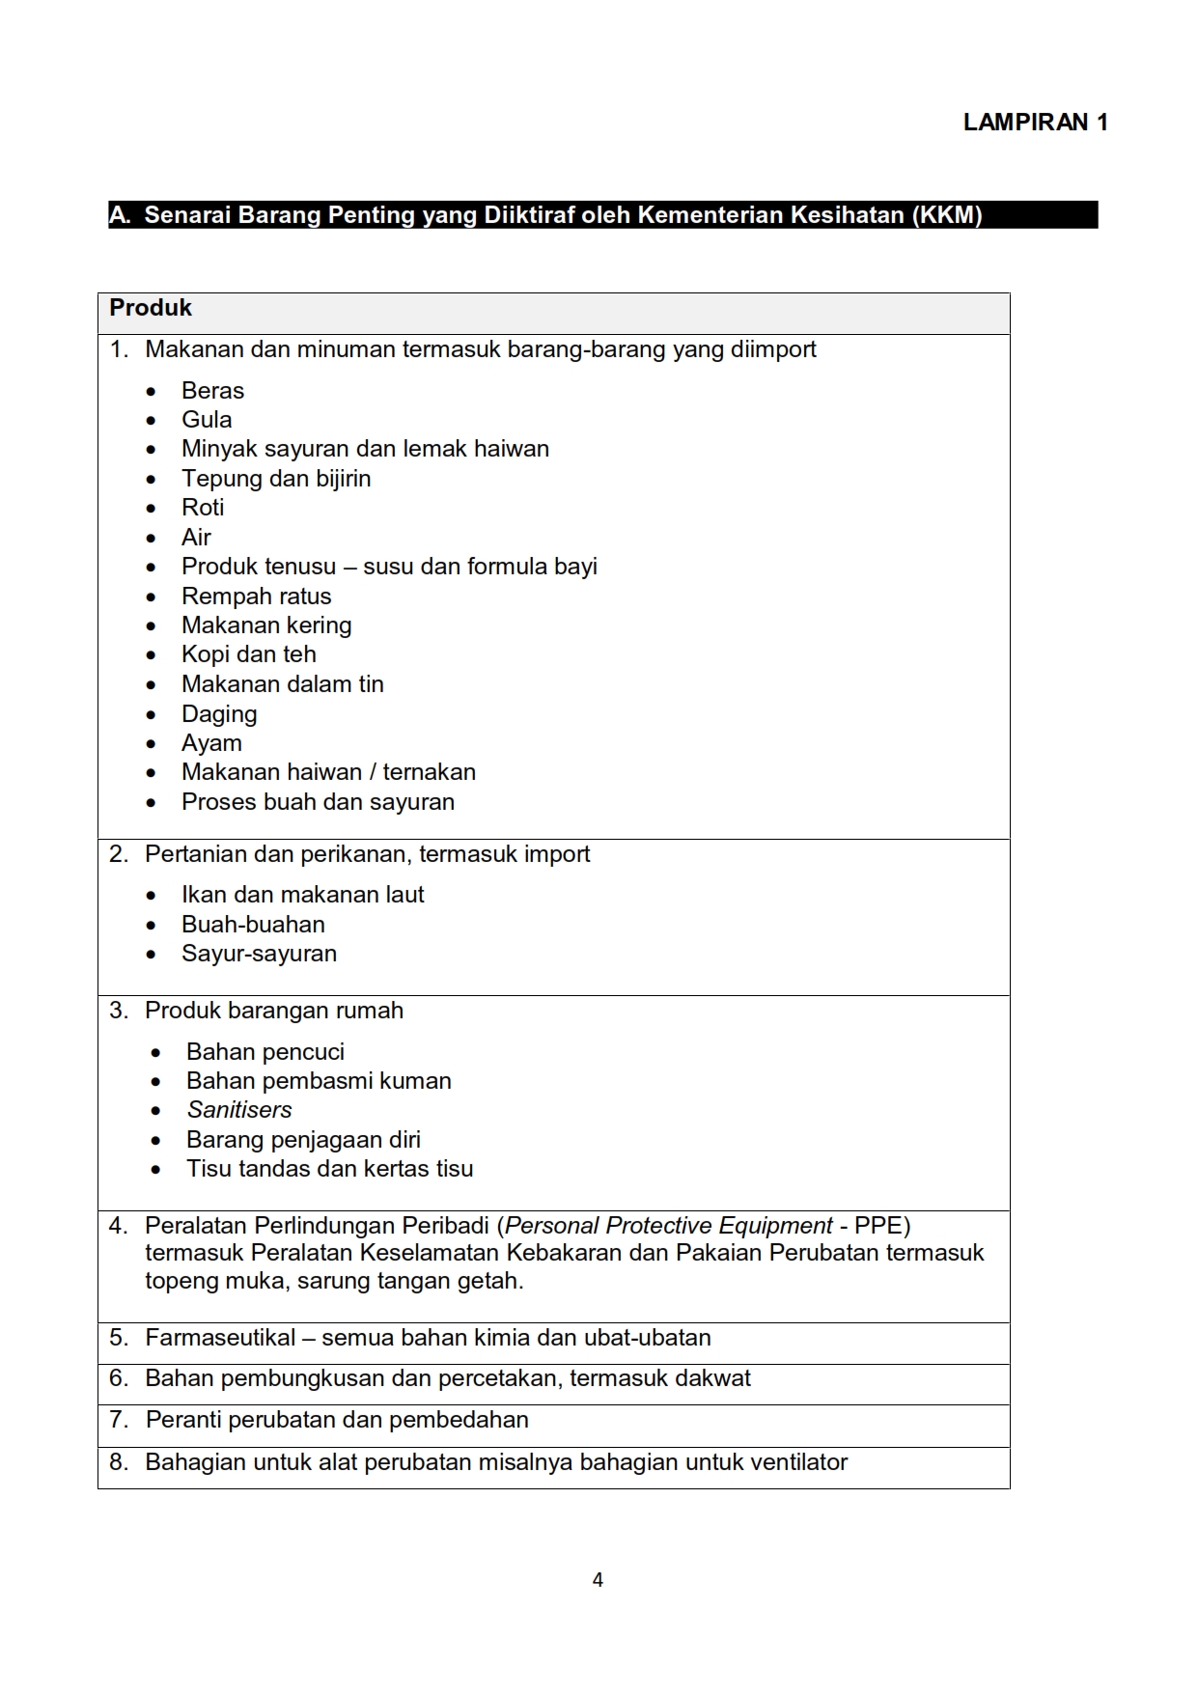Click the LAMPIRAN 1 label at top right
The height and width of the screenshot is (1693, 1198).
(x=1035, y=123)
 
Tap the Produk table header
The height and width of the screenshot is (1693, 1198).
(x=151, y=308)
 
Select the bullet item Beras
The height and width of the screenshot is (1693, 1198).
(x=212, y=391)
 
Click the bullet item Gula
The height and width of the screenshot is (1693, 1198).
(x=207, y=420)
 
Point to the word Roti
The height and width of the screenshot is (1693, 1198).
(x=203, y=508)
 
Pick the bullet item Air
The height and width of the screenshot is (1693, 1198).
(x=196, y=538)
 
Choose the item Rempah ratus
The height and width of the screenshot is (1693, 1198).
(x=256, y=597)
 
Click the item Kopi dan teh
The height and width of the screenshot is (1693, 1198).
(x=248, y=654)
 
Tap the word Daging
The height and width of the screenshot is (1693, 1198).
(x=219, y=714)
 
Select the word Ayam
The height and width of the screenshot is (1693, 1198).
(x=211, y=743)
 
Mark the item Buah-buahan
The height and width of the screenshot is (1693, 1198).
(x=253, y=925)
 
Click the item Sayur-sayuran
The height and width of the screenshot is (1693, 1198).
(x=259, y=954)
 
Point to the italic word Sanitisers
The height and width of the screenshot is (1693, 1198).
(x=239, y=1110)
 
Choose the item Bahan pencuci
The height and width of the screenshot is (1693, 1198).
(x=265, y=1052)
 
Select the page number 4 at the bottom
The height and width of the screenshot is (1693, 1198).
(x=598, y=1580)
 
